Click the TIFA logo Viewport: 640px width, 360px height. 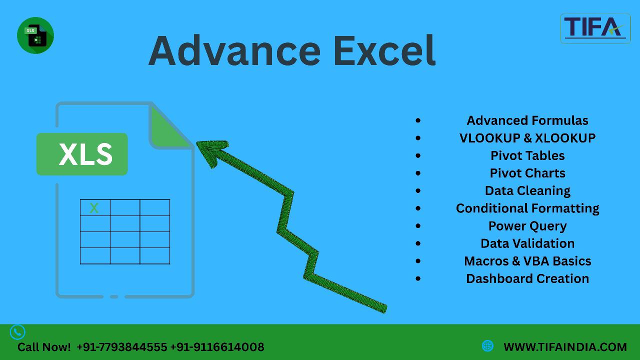595,28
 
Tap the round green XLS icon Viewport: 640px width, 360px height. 35,35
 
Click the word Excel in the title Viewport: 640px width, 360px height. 384,51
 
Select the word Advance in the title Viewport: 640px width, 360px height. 234,51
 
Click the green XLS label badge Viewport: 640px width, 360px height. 82,154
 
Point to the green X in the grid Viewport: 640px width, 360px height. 94,208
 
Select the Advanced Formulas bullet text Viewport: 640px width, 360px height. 527,120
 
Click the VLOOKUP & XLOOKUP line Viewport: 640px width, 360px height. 527,138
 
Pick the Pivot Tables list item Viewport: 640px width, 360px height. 527,155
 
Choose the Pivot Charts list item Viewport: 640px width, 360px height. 527,173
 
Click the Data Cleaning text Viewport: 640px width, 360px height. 527,191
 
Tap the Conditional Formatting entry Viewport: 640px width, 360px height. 527,208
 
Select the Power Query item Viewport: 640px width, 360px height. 527,226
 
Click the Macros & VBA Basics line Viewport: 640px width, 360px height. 527,261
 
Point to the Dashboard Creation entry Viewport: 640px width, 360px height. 527,278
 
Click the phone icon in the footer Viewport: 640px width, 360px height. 17,332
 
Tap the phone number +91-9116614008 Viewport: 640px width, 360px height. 217,347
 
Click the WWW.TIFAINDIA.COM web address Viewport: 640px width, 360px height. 565,347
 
